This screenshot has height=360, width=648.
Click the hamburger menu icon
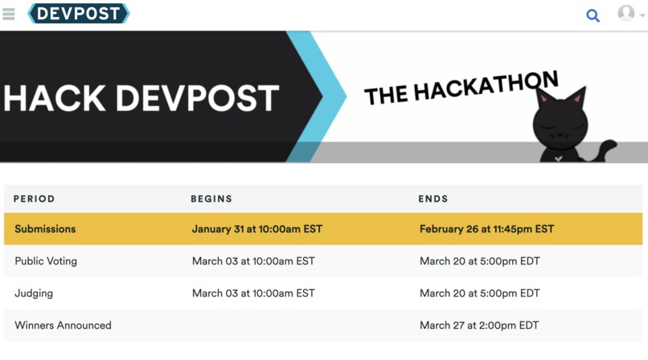[x=9, y=14]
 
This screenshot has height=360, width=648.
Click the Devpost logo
[x=79, y=14]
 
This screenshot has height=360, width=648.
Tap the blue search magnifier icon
[x=593, y=14]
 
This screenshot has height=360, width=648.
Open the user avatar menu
[x=630, y=14]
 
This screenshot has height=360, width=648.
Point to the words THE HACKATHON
[x=461, y=88]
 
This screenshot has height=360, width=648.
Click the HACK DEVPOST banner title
[x=141, y=98]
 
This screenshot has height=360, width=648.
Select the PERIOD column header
[x=35, y=198]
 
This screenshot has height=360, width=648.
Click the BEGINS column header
[x=211, y=198]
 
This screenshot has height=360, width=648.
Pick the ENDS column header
[x=433, y=198]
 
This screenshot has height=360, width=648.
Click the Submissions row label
[x=45, y=229]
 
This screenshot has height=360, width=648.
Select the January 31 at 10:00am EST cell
[x=256, y=229]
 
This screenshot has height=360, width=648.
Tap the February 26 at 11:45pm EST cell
[x=486, y=229]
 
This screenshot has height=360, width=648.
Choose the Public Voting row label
[x=46, y=261]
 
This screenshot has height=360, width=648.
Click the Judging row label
[x=34, y=293]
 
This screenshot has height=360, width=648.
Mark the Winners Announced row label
[x=63, y=325]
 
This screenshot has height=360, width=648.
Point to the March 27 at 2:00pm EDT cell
[x=479, y=325]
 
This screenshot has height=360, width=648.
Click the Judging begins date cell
[x=253, y=293]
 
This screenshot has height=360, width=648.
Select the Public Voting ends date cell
[x=479, y=261]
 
